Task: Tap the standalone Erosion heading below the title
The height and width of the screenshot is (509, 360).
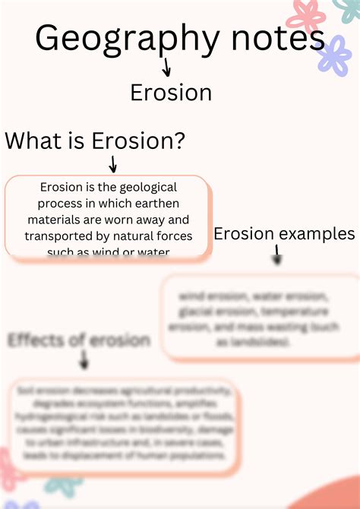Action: (171, 93)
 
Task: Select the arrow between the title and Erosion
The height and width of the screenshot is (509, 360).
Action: (166, 68)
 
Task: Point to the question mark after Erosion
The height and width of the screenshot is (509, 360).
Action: (179, 141)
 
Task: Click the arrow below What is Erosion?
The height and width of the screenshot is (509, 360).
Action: (112, 163)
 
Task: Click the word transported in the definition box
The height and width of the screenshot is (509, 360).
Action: (57, 236)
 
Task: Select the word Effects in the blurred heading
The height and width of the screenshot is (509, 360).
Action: (36, 340)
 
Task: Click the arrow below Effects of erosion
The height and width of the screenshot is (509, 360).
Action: (84, 363)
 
